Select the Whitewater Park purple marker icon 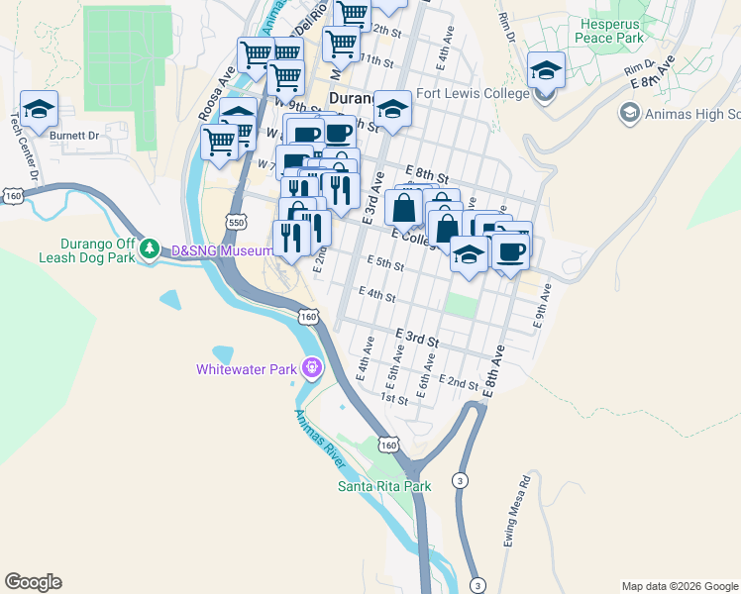pyautogui.click(x=312, y=368)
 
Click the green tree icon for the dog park pyautogui.click(x=149, y=247)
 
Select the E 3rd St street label pyautogui.click(x=416, y=338)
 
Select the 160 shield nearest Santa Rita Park pyautogui.click(x=389, y=445)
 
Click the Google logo pyautogui.click(x=33, y=582)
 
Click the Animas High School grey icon pyautogui.click(x=628, y=114)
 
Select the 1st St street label pyautogui.click(x=395, y=399)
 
